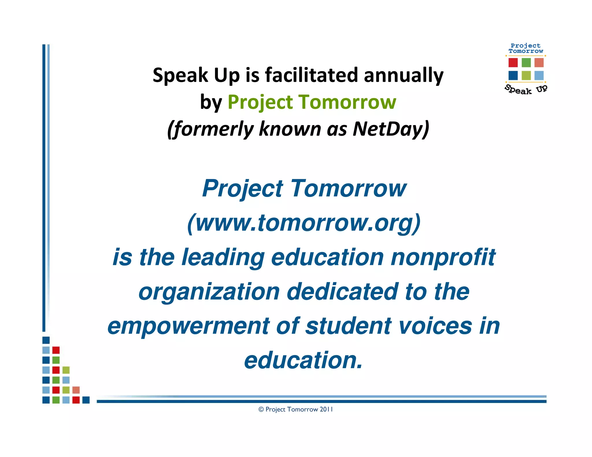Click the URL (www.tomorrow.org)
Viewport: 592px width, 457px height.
coord(304,223)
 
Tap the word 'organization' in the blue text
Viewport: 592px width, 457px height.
coord(209,292)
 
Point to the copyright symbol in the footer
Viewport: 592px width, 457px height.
coord(261,410)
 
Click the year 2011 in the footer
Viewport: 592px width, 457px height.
coord(326,409)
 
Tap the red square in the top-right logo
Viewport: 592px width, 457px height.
coord(513,63)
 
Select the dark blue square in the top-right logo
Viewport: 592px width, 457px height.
coord(513,76)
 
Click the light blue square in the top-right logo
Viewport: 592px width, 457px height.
coord(539,76)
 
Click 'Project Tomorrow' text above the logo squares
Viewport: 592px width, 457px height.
coord(526,48)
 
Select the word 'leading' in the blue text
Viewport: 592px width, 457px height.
coord(223,257)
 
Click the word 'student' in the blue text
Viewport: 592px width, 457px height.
coord(348,326)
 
